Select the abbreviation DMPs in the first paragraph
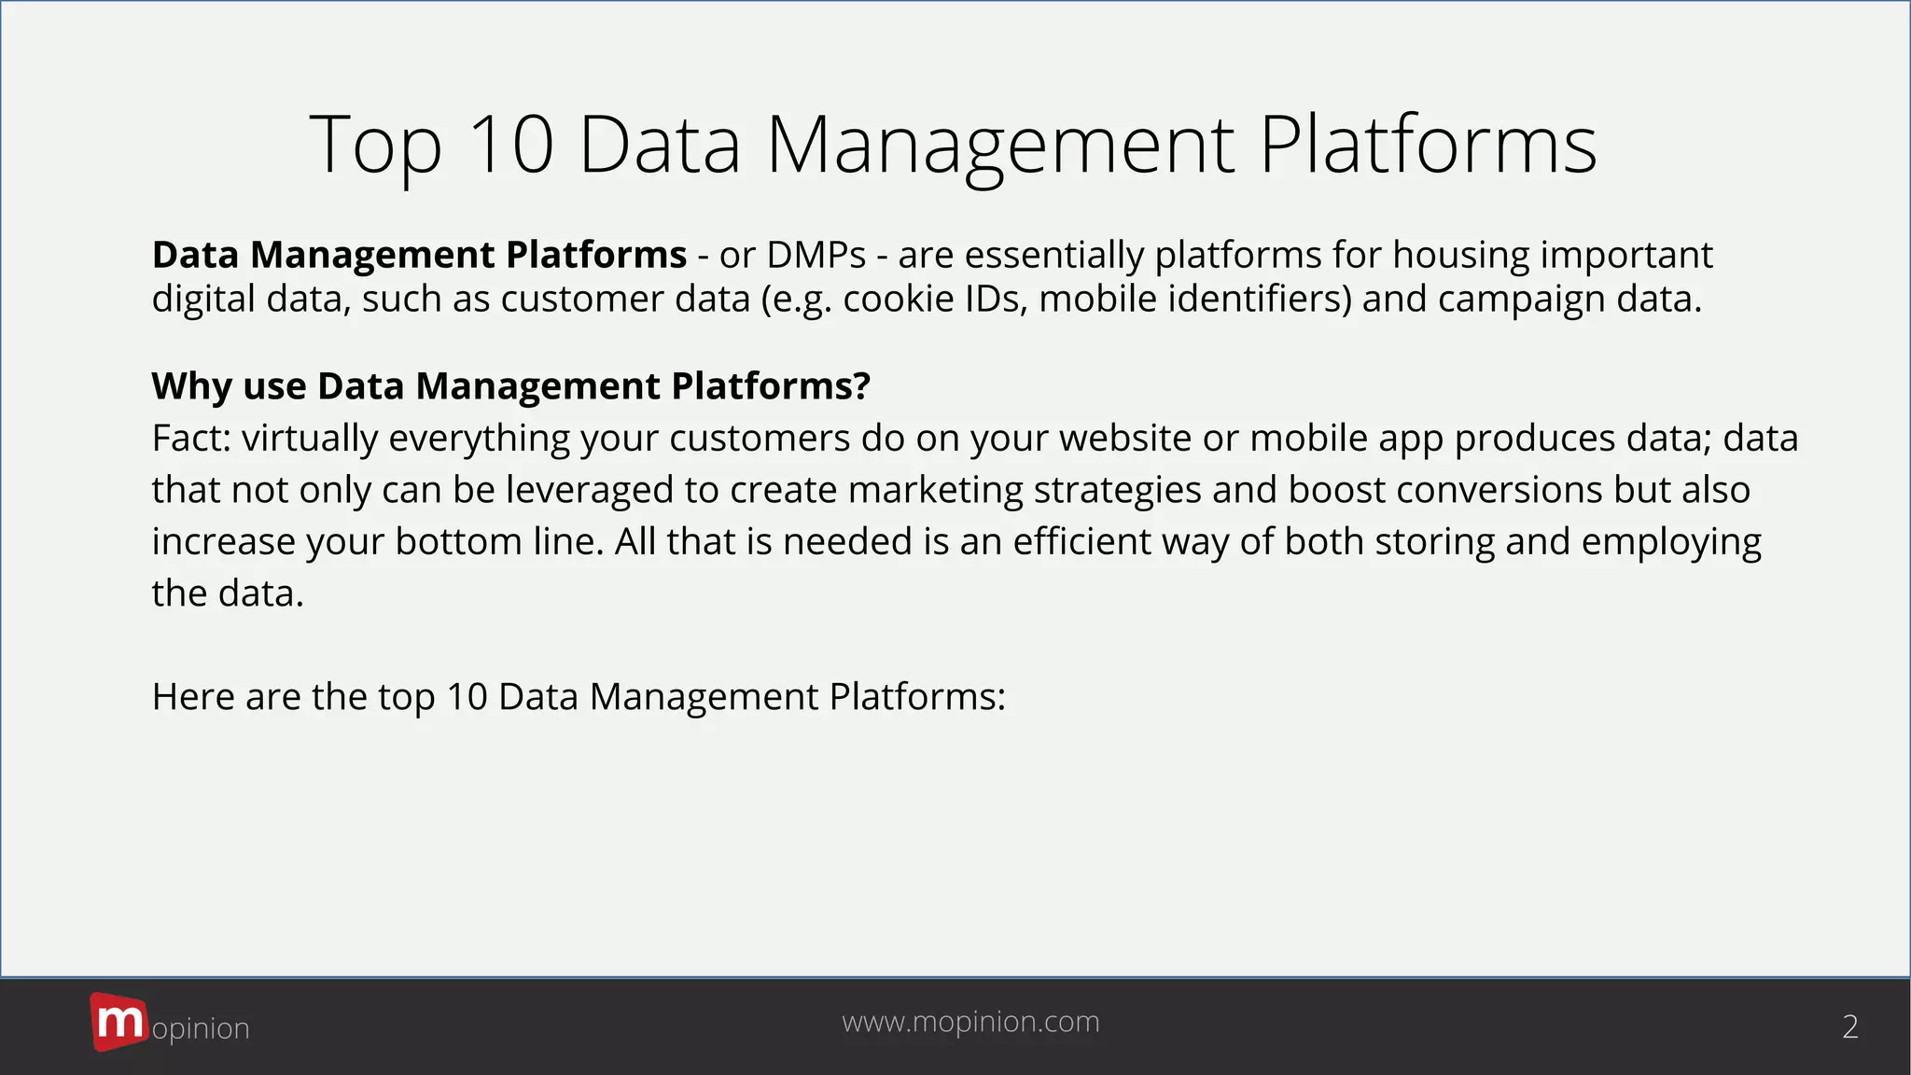tap(816, 255)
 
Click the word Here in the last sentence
tap(193, 696)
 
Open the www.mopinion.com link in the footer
tap(970, 1022)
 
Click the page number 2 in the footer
tap(1850, 1026)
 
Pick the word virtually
tap(309, 439)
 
